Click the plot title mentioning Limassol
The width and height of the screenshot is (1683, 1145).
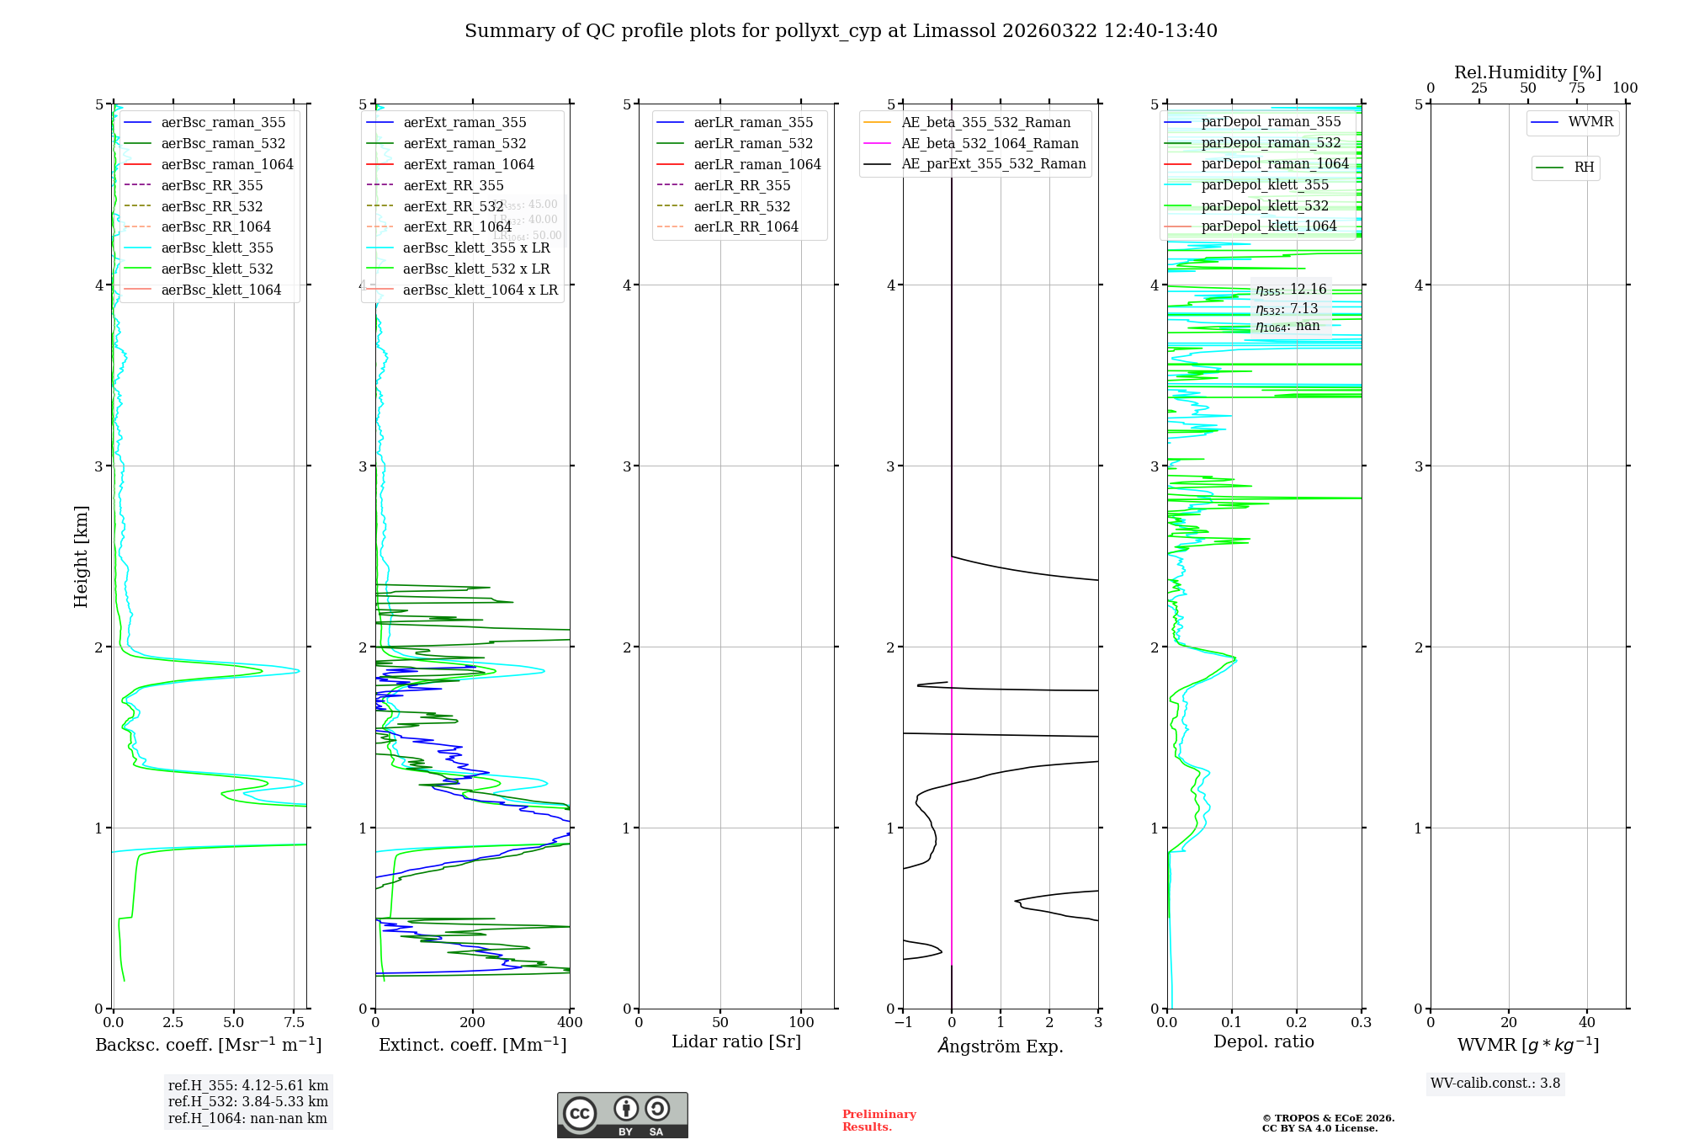(841, 31)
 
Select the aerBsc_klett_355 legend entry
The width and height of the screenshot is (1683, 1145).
(216, 248)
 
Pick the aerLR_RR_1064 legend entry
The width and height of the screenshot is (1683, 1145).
(746, 226)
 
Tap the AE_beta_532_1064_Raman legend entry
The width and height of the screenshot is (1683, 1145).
(990, 143)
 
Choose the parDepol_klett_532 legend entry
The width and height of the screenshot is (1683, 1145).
(1265, 205)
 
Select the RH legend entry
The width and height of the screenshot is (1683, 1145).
(1584, 168)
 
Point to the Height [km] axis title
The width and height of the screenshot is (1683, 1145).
(81, 556)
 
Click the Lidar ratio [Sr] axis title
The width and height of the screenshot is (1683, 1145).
(736, 1041)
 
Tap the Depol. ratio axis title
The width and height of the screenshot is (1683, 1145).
(1263, 1041)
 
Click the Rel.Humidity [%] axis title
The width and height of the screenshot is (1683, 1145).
(1527, 72)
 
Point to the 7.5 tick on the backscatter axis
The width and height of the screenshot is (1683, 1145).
(295, 1023)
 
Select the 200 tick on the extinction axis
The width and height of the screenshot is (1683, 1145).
(473, 1023)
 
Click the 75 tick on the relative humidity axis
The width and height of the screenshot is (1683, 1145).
(1576, 88)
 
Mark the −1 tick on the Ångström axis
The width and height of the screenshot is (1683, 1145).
(902, 1023)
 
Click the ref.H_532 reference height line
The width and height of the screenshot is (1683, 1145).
(247, 1101)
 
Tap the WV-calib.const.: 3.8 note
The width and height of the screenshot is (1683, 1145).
(1495, 1084)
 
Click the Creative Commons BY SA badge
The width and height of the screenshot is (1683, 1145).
(622, 1116)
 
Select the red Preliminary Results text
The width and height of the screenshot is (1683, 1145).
(879, 1121)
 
